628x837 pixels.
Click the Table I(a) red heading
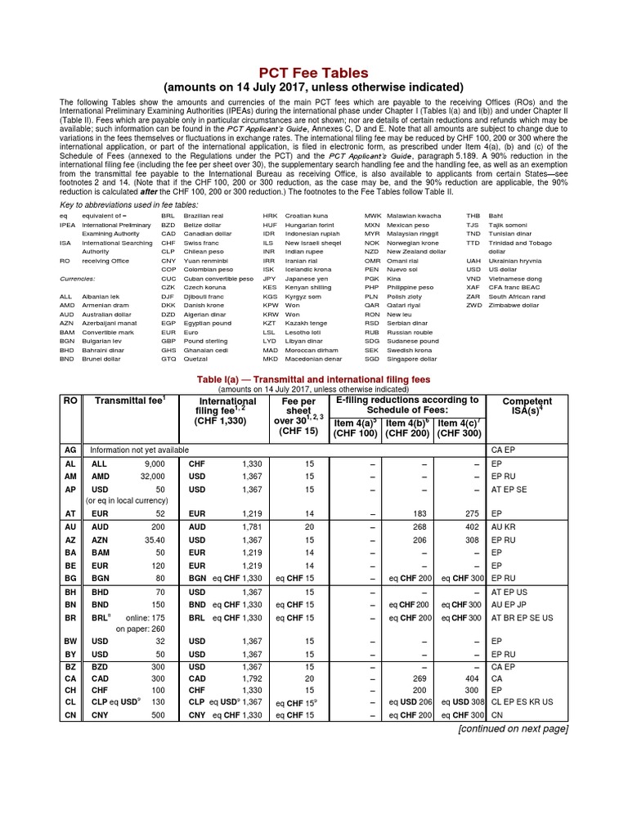313,379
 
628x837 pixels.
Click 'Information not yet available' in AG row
139,450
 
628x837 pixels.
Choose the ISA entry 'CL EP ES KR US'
522,701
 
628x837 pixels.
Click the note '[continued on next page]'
513,728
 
